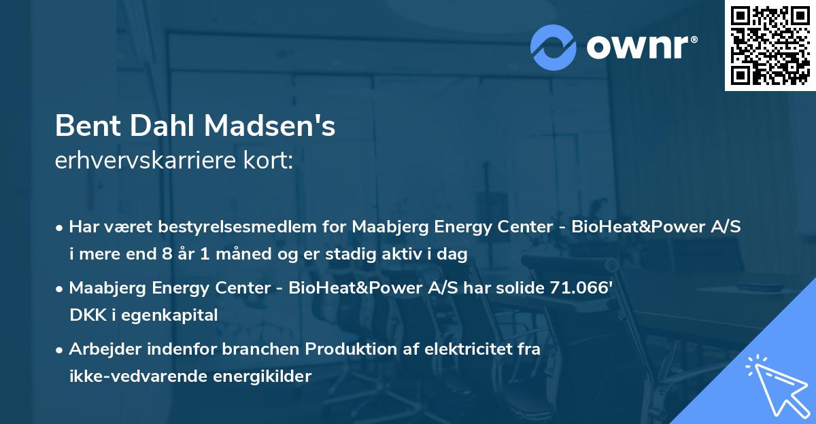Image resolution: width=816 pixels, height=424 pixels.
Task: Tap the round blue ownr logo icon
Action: tap(554, 48)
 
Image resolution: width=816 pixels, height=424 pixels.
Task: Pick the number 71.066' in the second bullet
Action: tap(581, 288)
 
